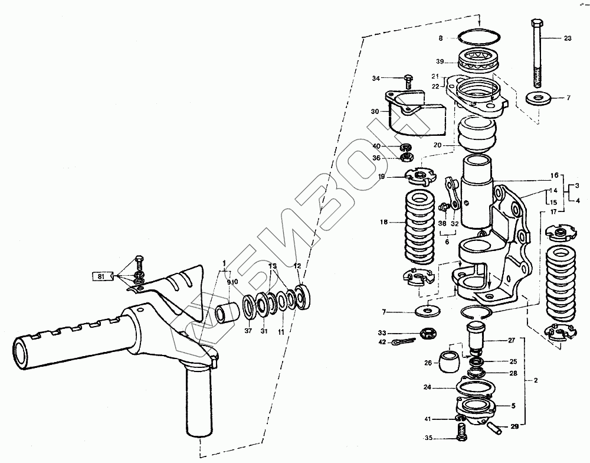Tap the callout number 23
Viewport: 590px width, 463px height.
click(x=568, y=38)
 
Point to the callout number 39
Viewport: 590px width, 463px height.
click(x=440, y=61)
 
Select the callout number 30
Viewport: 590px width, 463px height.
click(x=375, y=111)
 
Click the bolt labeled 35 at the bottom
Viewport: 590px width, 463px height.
click(x=460, y=438)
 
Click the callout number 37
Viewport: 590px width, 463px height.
click(x=247, y=331)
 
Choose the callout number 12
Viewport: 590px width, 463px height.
click(x=297, y=266)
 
